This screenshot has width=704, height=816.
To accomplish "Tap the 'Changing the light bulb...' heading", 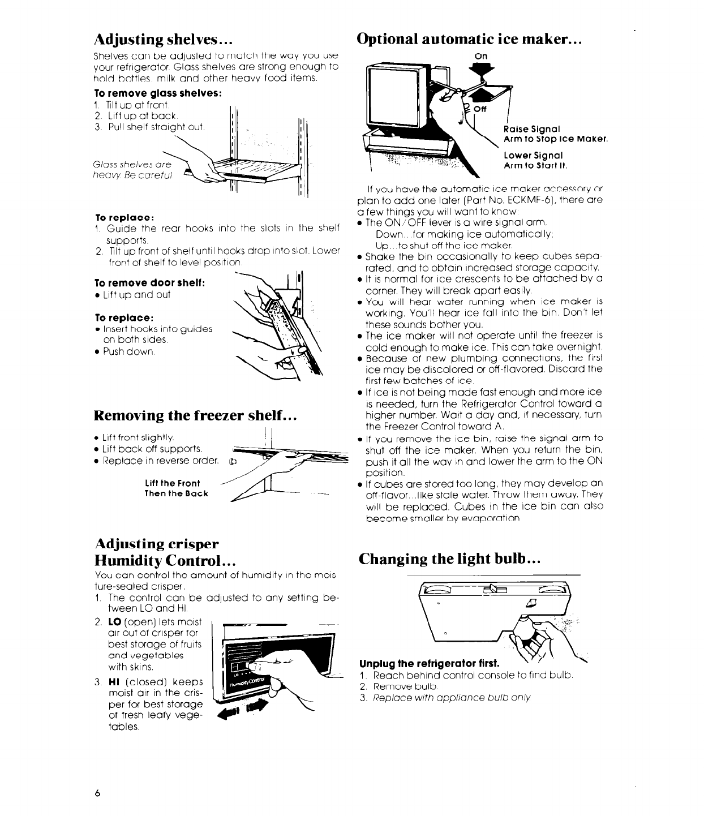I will click(x=451, y=559).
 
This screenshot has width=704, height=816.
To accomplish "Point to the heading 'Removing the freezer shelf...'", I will click(x=195, y=416).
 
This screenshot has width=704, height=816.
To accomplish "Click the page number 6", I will click(x=97, y=793).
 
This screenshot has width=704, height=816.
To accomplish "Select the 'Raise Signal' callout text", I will click(x=527, y=128).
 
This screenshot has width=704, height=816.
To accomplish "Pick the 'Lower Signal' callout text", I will click(x=527, y=155).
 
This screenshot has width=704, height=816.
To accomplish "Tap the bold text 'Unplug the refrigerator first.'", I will click(x=430, y=663).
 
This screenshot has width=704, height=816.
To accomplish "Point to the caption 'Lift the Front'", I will click(x=173, y=483).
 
